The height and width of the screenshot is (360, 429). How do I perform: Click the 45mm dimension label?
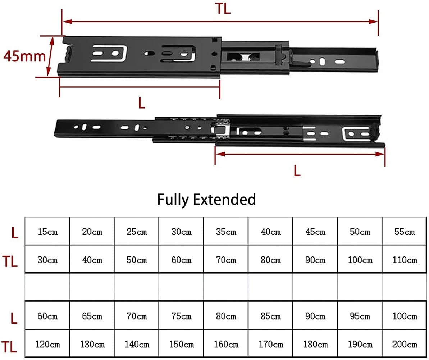click(24, 56)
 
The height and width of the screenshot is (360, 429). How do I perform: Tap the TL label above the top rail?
click(223, 9)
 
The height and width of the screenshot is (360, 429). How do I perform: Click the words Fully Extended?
click(206, 199)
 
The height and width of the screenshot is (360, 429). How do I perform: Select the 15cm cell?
click(47, 232)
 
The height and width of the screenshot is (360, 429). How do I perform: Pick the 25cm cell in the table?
click(137, 232)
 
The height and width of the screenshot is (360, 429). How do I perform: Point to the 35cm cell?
click(226, 232)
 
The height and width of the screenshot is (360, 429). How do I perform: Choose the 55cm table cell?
click(405, 232)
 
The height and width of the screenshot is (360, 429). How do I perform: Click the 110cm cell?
click(405, 260)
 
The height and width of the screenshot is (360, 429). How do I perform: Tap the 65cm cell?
click(92, 316)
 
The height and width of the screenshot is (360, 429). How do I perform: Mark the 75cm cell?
click(181, 316)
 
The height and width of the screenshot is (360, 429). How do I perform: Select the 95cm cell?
click(360, 316)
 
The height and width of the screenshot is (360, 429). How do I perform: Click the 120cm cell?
click(47, 345)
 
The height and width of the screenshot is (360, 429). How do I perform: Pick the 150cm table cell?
click(181, 345)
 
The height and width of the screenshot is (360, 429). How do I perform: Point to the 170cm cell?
click(271, 345)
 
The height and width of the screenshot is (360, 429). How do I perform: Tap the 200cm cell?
click(405, 345)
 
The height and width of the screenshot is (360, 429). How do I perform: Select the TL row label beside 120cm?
click(10, 347)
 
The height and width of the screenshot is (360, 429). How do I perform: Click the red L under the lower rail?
click(297, 171)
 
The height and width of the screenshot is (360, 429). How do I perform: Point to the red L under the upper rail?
click(142, 103)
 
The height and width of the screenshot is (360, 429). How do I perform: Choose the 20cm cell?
click(92, 232)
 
